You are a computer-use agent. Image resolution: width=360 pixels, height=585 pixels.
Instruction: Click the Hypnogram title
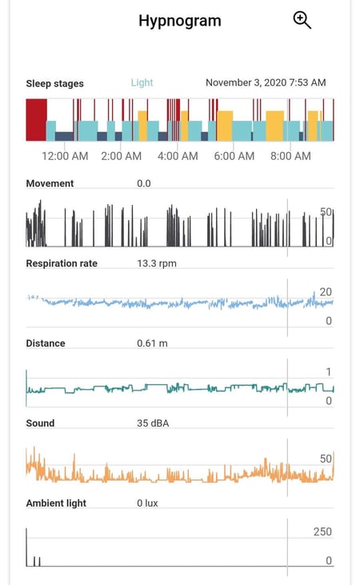(179, 21)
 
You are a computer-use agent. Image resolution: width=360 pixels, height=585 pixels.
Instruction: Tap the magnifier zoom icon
(302, 21)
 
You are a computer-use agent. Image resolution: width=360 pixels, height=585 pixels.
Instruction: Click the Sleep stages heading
(54, 83)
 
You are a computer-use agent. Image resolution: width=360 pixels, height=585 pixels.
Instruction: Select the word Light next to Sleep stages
(142, 82)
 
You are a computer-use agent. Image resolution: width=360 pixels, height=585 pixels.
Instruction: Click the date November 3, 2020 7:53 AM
(266, 82)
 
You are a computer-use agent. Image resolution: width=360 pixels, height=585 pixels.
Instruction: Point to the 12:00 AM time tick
(65, 156)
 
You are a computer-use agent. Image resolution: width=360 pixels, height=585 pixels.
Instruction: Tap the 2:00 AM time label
(122, 156)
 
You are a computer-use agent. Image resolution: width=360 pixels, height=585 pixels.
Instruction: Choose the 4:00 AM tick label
(178, 156)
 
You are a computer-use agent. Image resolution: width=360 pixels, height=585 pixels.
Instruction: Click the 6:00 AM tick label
(234, 156)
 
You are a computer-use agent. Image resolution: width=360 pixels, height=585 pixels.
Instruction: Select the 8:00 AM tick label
(290, 156)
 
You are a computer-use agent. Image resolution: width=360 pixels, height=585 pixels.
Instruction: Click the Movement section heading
(50, 183)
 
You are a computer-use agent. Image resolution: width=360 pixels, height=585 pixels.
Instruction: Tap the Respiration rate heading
(62, 263)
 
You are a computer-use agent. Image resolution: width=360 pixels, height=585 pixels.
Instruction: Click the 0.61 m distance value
(152, 343)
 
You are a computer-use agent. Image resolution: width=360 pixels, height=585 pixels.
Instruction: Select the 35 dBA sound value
(154, 423)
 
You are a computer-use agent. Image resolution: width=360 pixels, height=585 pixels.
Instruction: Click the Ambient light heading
(56, 503)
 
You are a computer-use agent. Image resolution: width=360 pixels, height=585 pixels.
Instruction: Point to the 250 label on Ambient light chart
(322, 532)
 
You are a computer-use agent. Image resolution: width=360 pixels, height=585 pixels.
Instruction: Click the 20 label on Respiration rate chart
(326, 292)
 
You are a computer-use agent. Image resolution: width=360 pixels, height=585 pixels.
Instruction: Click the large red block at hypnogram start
(36, 120)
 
